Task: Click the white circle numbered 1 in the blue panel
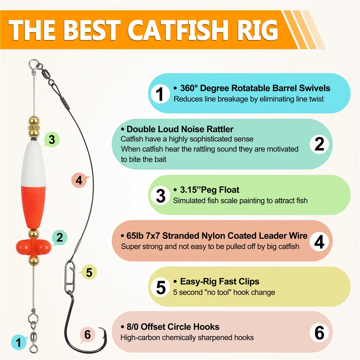[160, 94]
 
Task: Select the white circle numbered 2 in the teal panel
[319, 144]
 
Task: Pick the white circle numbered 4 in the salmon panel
[319, 242]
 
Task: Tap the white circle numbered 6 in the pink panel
[319, 332]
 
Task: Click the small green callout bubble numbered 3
[51, 139]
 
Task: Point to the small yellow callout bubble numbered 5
[89, 272]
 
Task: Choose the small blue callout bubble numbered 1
[19, 342]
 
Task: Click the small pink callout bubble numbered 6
[87, 335]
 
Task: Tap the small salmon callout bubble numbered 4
[80, 180]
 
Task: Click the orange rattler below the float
[33, 248]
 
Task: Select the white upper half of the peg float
[33, 163]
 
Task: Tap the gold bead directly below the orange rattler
[34, 261]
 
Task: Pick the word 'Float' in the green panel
[229, 190]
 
